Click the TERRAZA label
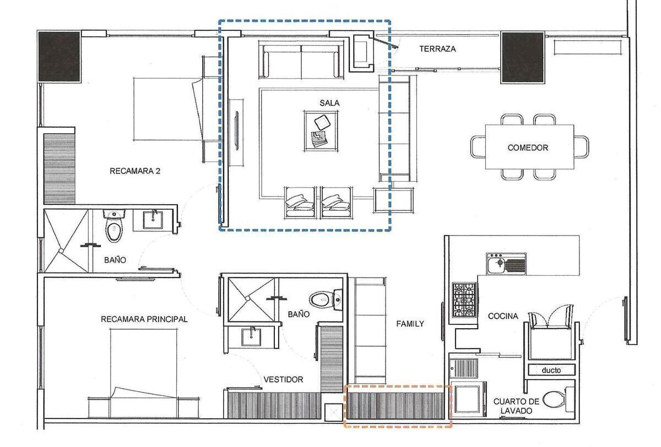[x=437, y=49]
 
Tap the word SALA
[x=329, y=103]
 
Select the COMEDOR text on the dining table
[x=528, y=148]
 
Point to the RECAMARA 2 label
[x=135, y=171]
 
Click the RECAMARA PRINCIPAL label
[x=144, y=319]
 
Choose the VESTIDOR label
[x=283, y=379]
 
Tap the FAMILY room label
[x=410, y=324]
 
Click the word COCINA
[x=503, y=316]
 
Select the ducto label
[x=551, y=370]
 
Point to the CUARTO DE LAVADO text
[x=516, y=406]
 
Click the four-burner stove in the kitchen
[x=464, y=300]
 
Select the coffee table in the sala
[x=321, y=131]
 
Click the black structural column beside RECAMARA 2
[x=59, y=56]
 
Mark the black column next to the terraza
[x=522, y=58]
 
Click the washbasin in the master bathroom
[x=251, y=337]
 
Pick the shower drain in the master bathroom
[x=247, y=299]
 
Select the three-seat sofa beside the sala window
[x=301, y=60]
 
